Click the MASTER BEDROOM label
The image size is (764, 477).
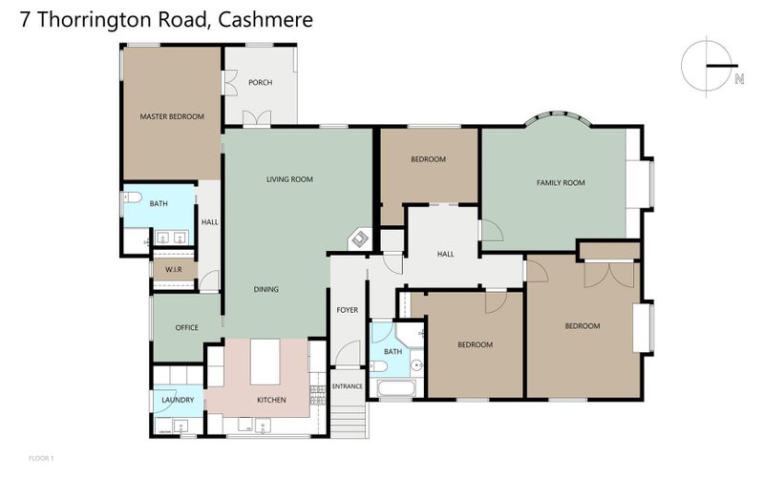(172, 116)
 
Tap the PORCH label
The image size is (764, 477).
(260, 83)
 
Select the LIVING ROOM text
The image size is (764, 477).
(289, 179)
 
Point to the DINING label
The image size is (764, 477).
(266, 289)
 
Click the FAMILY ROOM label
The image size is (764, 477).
(561, 183)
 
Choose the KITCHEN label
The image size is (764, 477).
(272, 400)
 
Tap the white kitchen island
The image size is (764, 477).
(265, 363)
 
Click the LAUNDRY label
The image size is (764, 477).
(178, 400)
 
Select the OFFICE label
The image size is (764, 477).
(186, 328)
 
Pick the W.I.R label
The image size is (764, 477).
(173, 270)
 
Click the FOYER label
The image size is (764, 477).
(347, 310)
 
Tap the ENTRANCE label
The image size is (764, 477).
(347, 386)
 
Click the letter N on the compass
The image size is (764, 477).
(738, 80)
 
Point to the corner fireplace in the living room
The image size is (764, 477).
(360, 238)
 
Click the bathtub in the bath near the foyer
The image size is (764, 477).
(394, 389)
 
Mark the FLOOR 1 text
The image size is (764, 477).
(41, 459)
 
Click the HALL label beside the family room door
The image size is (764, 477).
(445, 255)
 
